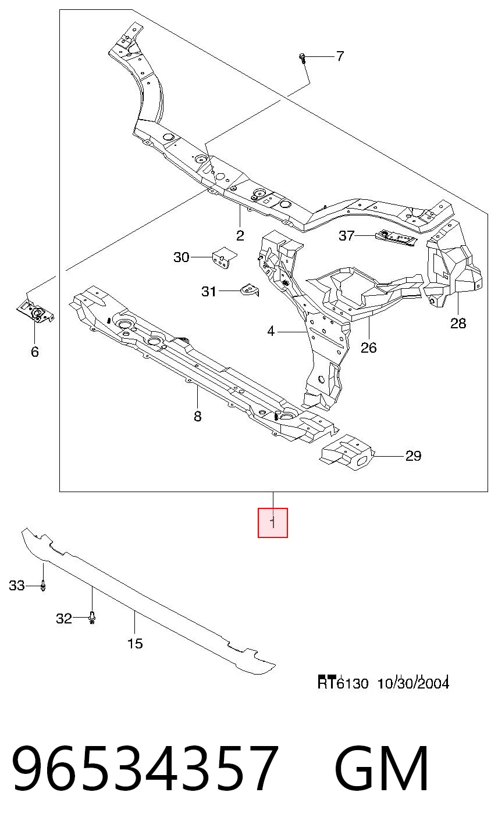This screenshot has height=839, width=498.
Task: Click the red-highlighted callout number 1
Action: pyautogui.click(x=273, y=522)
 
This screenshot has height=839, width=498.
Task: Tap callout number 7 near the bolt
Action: pyautogui.click(x=339, y=56)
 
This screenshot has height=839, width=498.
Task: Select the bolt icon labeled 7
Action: pyautogui.click(x=303, y=58)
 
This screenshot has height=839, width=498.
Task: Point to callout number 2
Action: pyautogui.click(x=240, y=235)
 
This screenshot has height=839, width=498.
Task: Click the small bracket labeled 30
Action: pyautogui.click(x=224, y=257)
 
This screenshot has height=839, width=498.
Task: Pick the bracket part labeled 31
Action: pyautogui.click(x=250, y=289)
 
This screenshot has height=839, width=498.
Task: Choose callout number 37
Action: pyautogui.click(x=346, y=235)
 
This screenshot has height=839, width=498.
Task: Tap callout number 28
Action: pyautogui.click(x=458, y=323)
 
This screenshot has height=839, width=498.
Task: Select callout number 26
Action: pyautogui.click(x=368, y=347)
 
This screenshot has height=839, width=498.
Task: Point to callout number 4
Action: pyautogui.click(x=271, y=331)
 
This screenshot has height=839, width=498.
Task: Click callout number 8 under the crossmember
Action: pyautogui.click(x=198, y=416)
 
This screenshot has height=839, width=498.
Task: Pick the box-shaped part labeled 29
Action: pyautogui.click(x=347, y=453)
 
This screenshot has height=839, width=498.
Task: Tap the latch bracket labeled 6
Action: pyautogui.click(x=35, y=310)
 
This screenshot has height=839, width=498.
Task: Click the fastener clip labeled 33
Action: pyautogui.click(x=43, y=586)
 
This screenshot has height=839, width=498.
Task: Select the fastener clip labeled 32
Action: pyautogui.click(x=92, y=618)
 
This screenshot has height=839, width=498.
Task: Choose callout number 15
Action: pyautogui.click(x=135, y=643)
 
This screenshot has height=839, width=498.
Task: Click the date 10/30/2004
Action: pyautogui.click(x=413, y=683)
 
